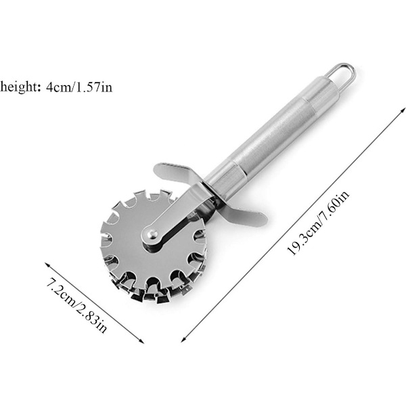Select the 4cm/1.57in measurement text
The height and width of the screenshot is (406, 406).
tap(79, 87)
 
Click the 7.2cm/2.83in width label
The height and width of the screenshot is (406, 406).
tap(76, 305)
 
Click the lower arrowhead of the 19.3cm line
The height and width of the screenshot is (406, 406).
tap(184, 339)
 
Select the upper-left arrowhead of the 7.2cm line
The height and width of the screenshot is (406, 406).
tap(48, 265)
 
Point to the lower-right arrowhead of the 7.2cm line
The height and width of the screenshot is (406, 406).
tap(141, 341)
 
